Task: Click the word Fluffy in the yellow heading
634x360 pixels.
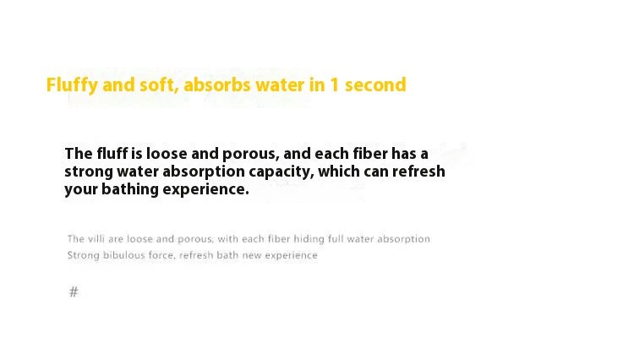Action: pos(72,85)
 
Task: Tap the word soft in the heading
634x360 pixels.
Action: pos(159,85)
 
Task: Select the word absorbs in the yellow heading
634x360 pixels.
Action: pos(217,85)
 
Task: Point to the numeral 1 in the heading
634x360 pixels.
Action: pos(335,85)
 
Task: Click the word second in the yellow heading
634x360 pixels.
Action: pos(375,85)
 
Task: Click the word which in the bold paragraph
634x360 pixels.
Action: pos(339,172)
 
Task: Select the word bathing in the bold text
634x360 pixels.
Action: pos(130,189)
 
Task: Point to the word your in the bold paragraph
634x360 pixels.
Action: pos(81,190)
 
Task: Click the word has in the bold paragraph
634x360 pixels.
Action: pos(403,154)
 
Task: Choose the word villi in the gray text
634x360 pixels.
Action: pos(96,239)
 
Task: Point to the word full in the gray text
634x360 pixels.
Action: pos(336,239)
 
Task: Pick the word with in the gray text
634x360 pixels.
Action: pos(227,239)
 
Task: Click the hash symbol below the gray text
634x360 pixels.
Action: pos(74,292)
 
